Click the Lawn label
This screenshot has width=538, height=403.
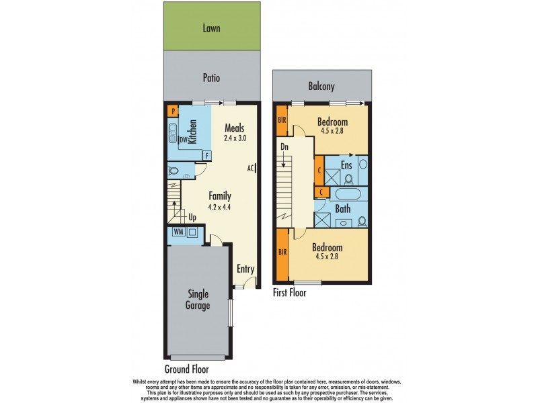212,29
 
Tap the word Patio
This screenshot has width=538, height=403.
212,78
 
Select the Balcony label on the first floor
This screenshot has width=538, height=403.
321,87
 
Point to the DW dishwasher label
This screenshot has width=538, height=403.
182,140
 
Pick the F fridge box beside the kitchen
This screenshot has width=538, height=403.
207,154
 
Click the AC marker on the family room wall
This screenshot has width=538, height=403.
249,168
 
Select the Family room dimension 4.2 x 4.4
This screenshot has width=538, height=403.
219,208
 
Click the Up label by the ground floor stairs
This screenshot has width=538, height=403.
192,218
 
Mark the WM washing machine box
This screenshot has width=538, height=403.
178,232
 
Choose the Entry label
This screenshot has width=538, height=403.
245,269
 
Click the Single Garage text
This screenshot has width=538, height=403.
198,300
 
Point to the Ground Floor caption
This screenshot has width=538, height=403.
186,369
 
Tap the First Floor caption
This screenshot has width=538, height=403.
290,293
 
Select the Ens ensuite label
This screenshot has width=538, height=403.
347,165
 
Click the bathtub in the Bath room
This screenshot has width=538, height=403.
348,195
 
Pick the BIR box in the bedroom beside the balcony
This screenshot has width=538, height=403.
282,122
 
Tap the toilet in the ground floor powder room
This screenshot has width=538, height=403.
174,171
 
